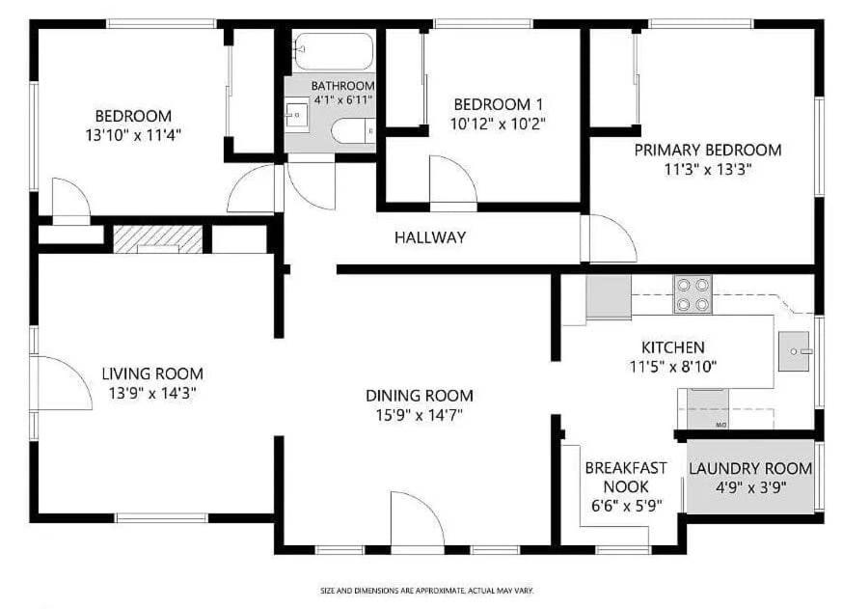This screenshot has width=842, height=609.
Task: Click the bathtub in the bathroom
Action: (x=334, y=51)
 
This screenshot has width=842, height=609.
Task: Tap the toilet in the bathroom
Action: (x=353, y=131)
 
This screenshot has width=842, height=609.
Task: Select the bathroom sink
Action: (x=296, y=115)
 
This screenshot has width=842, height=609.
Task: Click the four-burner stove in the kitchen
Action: (x=693, y=294)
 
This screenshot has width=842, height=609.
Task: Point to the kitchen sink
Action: (x=794, y=351)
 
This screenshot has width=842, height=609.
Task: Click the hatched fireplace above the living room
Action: (x=158, y=239)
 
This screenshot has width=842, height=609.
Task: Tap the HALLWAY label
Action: (x=430, y=237)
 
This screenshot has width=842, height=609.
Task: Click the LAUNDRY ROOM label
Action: (x=750, y=468)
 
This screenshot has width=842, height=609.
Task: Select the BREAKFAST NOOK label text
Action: (x=626, y=478)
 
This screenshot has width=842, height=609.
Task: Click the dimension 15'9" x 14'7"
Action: (x=420, y=415)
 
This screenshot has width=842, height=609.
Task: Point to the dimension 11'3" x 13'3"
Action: (x=707, y=170)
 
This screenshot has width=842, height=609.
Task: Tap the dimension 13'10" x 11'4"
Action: (x=133, y=134)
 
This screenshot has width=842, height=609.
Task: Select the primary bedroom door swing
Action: (x=612, y=238)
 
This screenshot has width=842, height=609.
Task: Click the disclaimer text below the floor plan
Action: (x=426, y=591)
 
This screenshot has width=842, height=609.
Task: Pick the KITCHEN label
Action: (x=673, y=347)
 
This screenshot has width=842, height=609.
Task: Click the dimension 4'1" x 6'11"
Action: (x=342, y=99)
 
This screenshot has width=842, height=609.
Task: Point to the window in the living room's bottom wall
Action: (x=161, y=518)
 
